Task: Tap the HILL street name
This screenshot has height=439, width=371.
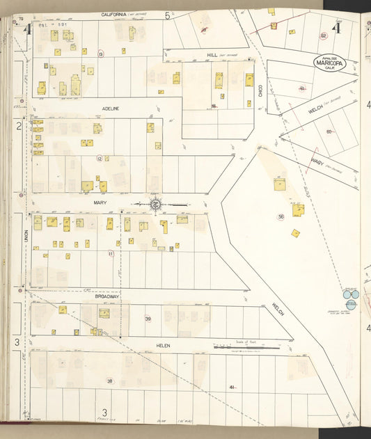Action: pos(212,54)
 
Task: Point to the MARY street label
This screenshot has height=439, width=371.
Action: pos(99,203)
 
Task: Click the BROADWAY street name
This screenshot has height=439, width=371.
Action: pos(108,296)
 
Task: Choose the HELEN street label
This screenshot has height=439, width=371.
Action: pos(164,344)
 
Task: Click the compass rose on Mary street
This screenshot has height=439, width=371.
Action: pos(157,204)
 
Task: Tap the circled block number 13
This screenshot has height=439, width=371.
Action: pos(101,54)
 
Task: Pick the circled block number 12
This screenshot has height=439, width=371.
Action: pos(100,159)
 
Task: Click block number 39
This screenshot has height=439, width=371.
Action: pos(148,319)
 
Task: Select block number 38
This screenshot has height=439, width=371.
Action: pos(109,381)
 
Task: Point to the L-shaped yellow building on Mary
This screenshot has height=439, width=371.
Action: pos(164,227)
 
